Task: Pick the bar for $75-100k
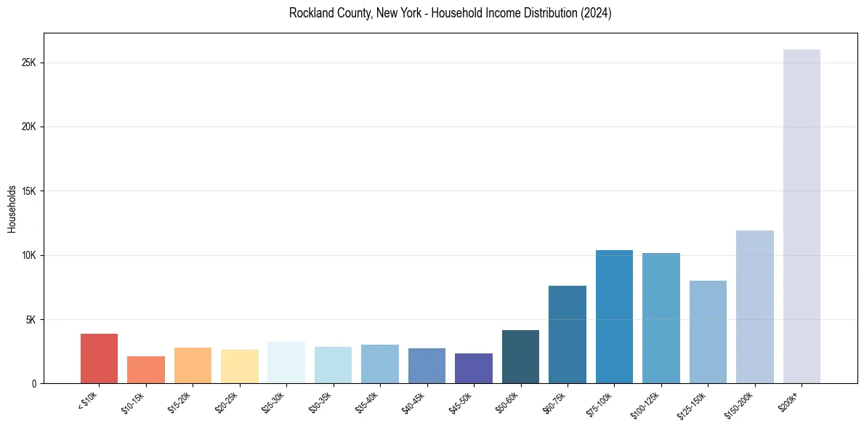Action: point(614,316)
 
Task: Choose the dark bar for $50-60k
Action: point(520,356)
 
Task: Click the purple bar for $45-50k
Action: point(474,368)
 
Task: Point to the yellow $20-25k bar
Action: point(240,366)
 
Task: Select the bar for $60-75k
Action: point(567,334)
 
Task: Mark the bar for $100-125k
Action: point(661,318)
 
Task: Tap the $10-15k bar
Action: point(146,369)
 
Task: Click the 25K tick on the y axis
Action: point(30,63)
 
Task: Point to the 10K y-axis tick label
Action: point(30,255)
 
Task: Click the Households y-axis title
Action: point(12,209)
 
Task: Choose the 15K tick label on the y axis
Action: point(30,191)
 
